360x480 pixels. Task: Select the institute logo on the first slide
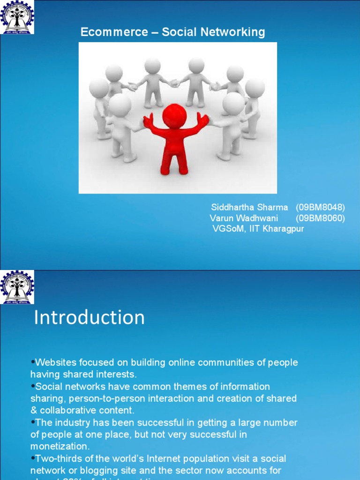point(17,17)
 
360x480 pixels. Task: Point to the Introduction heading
point(90,318)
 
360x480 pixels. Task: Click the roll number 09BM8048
point(320,207)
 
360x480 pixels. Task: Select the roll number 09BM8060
point(320,218)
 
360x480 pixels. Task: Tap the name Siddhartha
point(232,207)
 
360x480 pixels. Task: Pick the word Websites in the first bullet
point(54,362)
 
